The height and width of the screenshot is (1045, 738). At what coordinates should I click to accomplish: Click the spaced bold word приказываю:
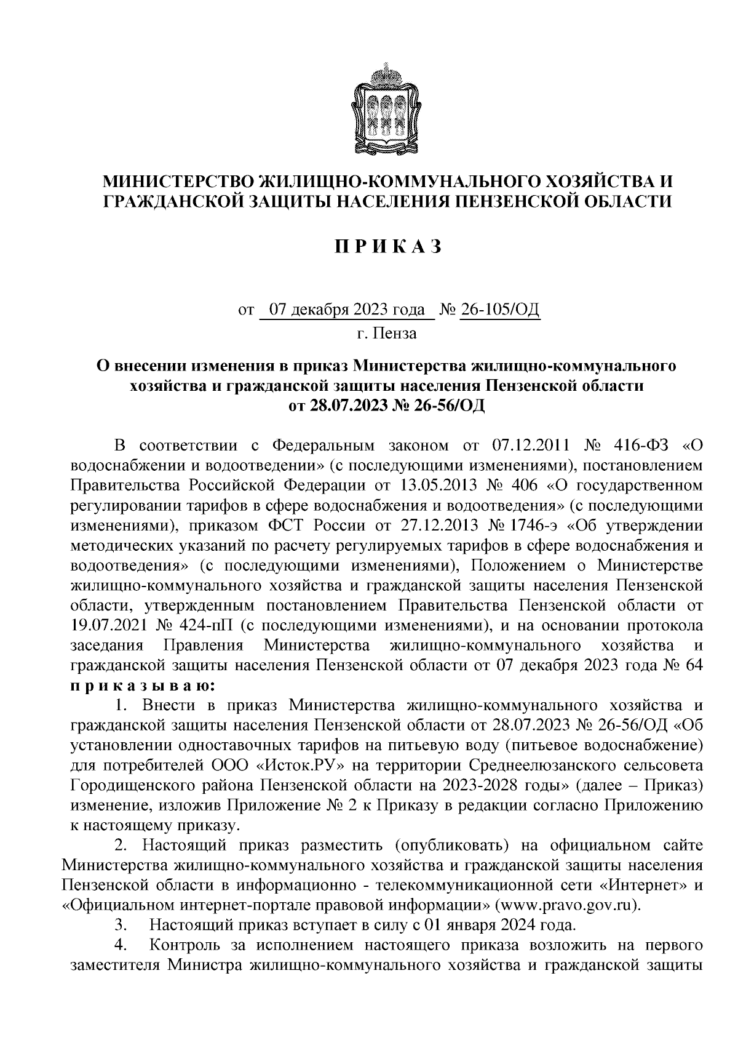(142, 684)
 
